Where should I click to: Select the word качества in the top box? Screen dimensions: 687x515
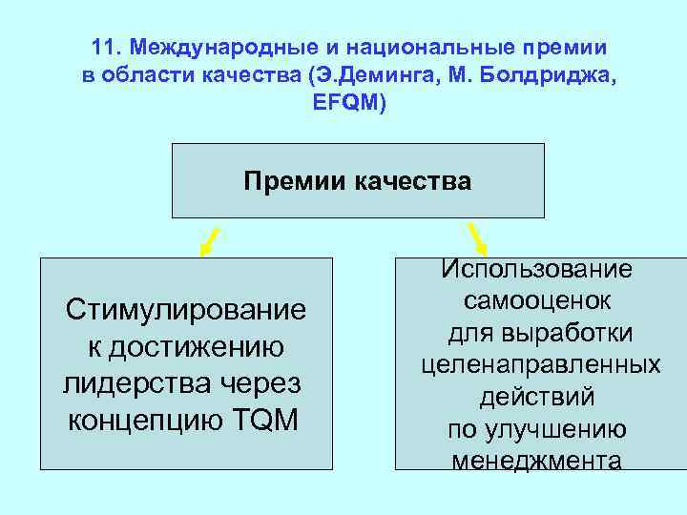coord(413,181)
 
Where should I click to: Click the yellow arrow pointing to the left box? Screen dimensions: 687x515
coord(210,240)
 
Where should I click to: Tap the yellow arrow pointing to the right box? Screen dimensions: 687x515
coord(476,238)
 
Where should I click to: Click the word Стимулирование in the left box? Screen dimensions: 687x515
coord(185,310)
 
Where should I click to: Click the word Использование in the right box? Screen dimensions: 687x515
coord(536,270)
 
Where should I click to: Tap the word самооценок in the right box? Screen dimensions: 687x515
coord(538,301)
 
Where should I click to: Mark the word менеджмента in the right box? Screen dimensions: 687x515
coord(537,462)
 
